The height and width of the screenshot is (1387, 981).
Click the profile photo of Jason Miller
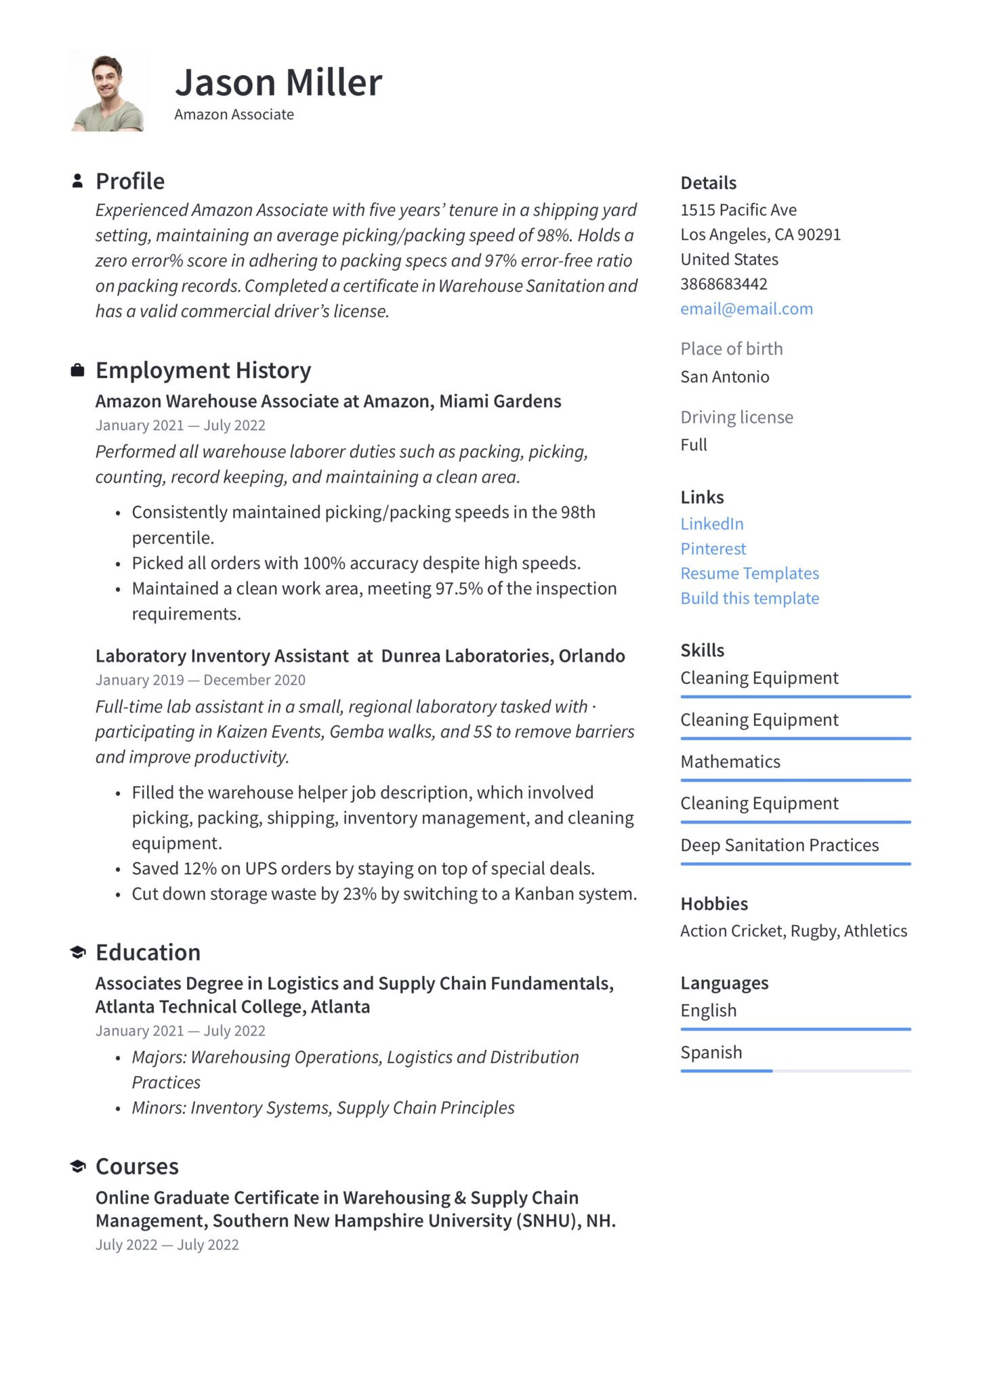[107, 92]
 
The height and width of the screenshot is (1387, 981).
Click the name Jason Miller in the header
[278, 83]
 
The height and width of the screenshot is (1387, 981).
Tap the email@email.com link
[747, 309]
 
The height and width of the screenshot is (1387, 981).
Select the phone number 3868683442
[724, 284]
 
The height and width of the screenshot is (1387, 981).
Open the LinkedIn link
[712, 524]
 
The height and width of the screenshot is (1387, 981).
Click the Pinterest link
[713, 549]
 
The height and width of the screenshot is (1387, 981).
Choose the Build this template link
[749, 598]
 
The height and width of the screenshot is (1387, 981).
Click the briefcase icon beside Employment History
[78, 370]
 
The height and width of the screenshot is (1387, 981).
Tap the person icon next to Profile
[78, 181]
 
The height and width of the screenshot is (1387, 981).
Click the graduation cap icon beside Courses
[78, 1166]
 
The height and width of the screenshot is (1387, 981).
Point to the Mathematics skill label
[730, 761]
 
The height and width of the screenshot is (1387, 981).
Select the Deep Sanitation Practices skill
[779, 845]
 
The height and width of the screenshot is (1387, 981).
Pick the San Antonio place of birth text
[724, 377]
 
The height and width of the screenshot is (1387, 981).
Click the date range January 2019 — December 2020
[200, 679]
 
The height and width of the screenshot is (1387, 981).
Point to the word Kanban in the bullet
[541, 893]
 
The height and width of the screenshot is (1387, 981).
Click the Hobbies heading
[714, 903]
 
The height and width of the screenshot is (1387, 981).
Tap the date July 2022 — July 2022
[167, 1244]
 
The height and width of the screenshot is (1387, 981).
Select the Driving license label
[736, 417]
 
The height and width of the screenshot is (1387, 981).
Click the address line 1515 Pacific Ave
[738, 209]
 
